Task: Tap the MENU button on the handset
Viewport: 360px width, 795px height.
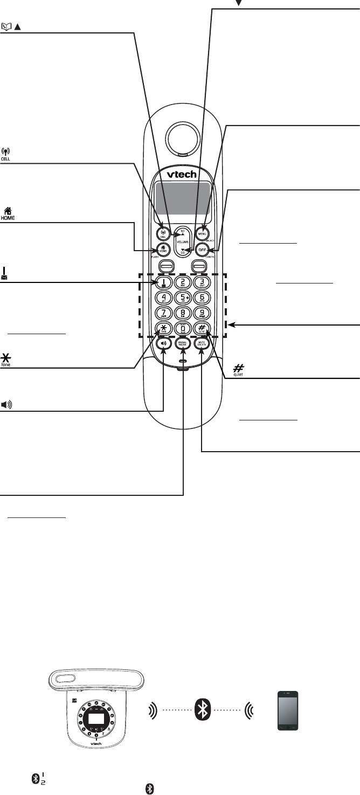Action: [203, 234]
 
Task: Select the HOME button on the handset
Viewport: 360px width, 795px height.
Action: [162, 250]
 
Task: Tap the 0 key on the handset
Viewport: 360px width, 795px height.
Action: [183, 328]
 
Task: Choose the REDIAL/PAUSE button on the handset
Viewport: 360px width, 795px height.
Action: [183, 343]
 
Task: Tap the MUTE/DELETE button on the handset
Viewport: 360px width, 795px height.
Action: [203, 343]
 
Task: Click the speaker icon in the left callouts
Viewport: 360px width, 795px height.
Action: [7, 405]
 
